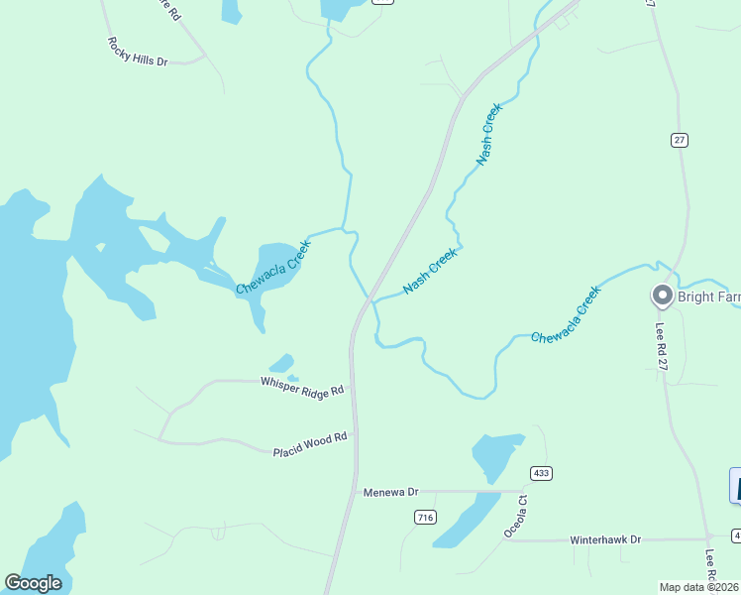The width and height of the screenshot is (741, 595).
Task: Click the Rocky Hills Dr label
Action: point(138,53)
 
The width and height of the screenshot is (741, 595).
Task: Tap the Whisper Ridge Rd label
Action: point(302,386)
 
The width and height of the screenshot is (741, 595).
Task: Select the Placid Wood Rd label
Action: point(310,444)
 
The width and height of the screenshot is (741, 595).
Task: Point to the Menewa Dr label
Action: point(392,492)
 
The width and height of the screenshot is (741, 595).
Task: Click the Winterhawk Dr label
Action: point(606,539)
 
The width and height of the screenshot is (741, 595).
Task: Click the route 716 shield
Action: point(425,517)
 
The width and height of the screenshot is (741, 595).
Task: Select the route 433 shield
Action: point(540,472)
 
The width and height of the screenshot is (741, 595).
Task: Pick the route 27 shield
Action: point(679,140)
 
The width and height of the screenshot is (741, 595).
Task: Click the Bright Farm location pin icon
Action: point(662,295)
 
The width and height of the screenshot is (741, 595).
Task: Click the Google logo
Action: point(33,583)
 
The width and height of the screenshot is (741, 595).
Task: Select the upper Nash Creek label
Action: point(489,134)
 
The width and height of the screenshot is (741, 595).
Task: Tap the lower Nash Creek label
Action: point(430,271)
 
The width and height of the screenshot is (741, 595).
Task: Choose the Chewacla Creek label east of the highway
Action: point(566,315)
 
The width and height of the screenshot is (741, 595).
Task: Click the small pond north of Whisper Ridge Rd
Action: point(282,364)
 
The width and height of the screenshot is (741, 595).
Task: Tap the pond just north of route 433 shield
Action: point(496,455)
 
